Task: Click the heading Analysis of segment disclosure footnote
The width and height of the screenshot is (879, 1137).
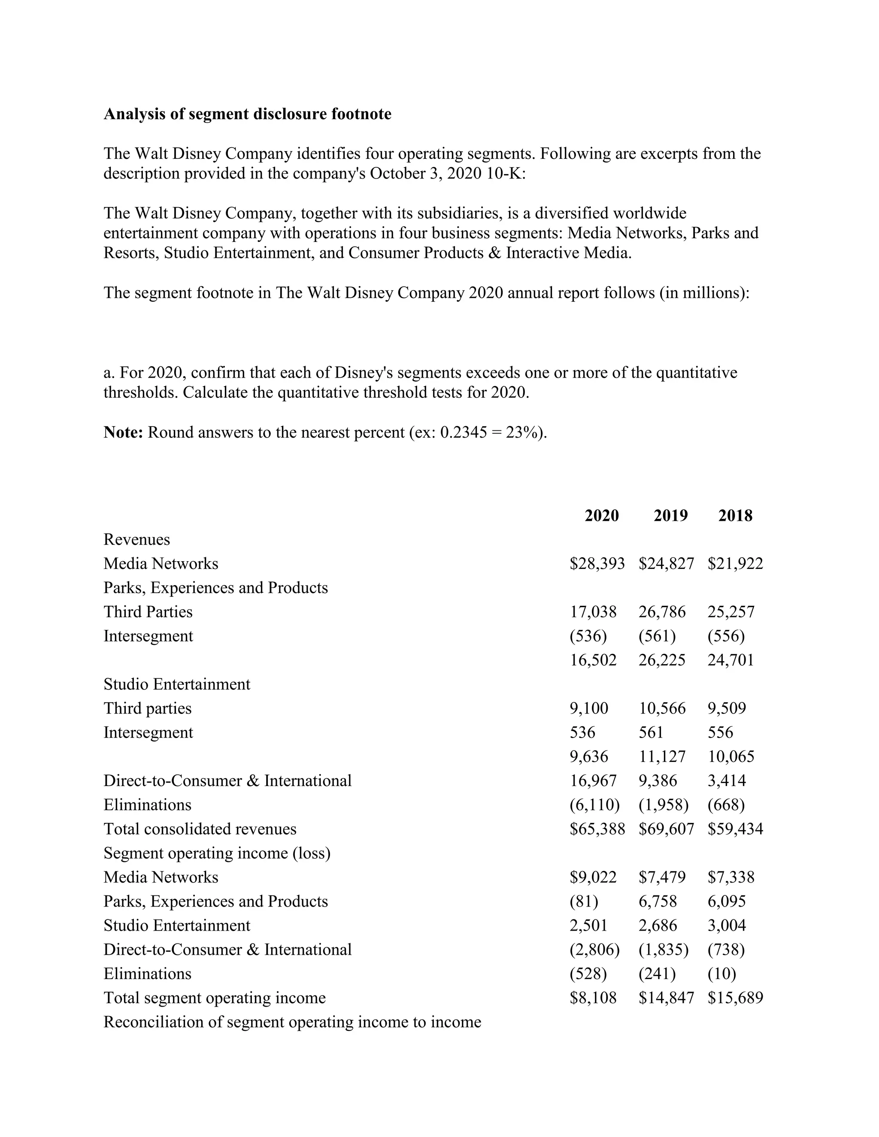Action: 247,114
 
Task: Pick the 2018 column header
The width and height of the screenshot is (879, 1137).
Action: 735,515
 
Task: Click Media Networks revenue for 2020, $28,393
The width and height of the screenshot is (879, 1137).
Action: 597,563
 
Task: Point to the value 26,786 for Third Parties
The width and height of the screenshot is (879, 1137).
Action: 662,612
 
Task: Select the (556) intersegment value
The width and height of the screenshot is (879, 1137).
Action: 725,636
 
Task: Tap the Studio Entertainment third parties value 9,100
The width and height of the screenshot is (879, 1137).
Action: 588,708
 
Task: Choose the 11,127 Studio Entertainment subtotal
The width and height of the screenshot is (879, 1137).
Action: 662,756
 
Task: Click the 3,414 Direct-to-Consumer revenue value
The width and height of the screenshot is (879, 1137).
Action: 727,780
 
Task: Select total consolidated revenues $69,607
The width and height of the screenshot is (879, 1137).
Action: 666,829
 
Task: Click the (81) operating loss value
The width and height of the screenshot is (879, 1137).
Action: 583,901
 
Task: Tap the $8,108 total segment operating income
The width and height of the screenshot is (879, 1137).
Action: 593,998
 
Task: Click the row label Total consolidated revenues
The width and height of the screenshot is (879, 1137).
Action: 200,829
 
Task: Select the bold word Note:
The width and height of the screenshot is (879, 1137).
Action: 123,432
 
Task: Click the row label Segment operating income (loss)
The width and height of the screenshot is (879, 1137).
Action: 217,853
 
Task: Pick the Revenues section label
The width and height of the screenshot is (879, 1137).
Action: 136,539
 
